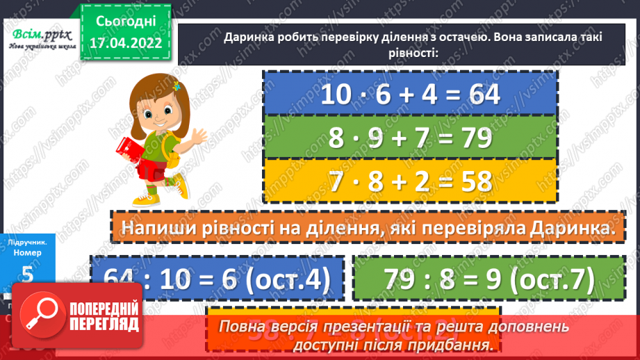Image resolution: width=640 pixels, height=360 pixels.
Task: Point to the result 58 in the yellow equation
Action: coord(470,181)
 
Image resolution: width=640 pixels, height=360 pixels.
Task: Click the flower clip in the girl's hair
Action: coord(177,86)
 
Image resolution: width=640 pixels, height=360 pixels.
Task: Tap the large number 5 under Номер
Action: coord(28,273)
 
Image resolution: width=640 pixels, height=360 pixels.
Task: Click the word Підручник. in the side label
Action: coord(28,242)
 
